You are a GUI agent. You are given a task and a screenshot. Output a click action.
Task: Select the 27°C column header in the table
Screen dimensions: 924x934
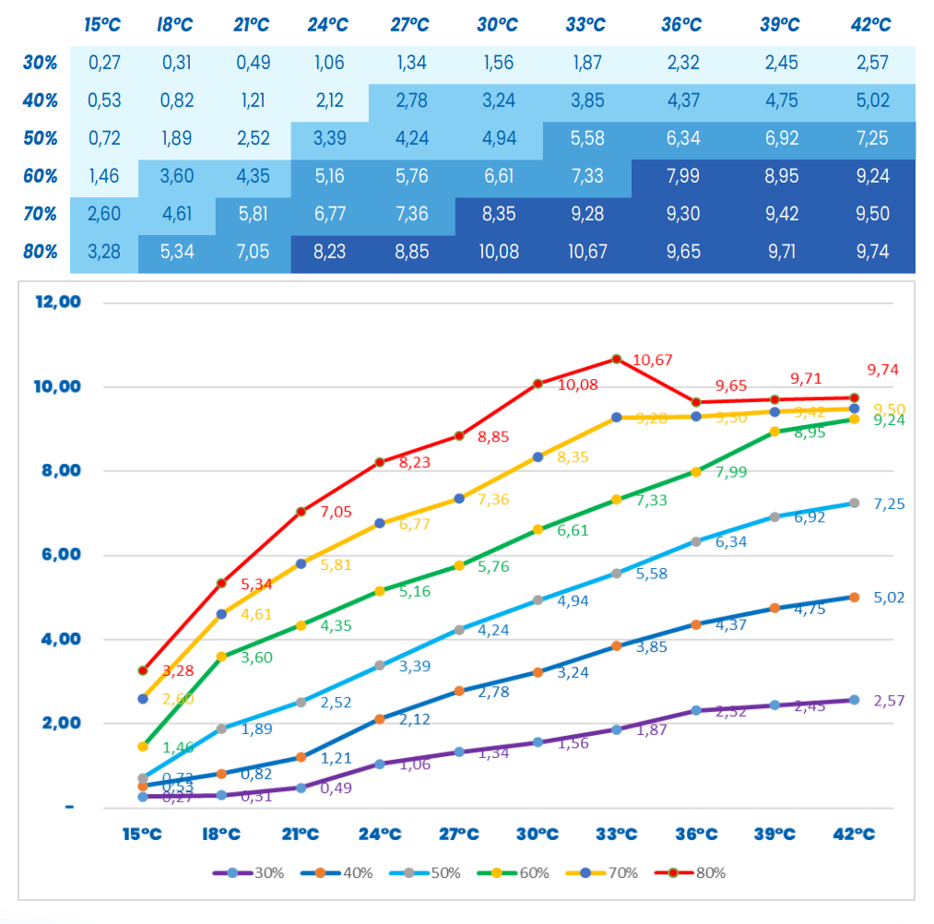tap(408, 25)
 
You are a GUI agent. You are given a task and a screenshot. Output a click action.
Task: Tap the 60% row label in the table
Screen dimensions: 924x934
tap(41, 176)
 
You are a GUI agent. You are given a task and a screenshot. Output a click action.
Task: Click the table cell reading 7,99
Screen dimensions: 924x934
tap(680, 176)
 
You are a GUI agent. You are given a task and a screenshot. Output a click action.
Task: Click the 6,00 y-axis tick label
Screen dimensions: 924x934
tap(60, 555)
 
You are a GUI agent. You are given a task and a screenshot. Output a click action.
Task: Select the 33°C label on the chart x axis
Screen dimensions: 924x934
tap(616, 835)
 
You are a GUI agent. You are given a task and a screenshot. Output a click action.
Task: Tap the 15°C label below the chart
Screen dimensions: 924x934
tap(143, 835)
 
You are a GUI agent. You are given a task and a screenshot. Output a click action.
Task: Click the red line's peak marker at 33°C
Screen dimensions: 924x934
tap(616, 359)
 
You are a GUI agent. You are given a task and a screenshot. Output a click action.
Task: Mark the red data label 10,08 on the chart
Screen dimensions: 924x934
tap(578, 385)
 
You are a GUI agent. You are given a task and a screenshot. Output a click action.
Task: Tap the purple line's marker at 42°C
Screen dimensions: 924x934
tap(854, 700)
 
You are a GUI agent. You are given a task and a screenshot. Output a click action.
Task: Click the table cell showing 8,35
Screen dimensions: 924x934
tap(498, 214)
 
